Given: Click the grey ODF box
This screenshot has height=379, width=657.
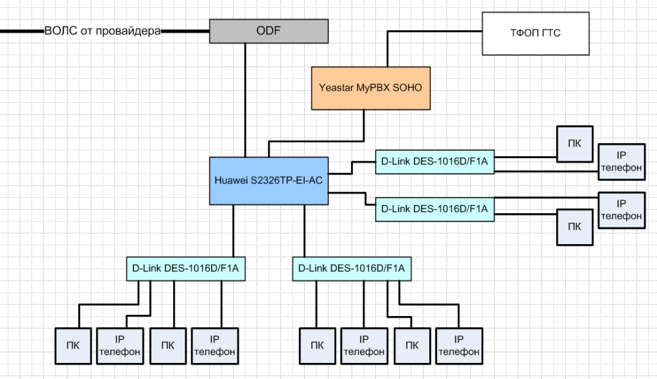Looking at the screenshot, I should (x=268, y=31).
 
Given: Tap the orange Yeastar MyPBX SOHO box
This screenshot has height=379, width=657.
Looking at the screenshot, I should (x=370, y=87).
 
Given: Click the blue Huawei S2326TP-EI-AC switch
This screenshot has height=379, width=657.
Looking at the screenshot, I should (x=269, y=181).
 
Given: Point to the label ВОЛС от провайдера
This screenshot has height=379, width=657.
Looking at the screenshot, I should (x=103, y=30).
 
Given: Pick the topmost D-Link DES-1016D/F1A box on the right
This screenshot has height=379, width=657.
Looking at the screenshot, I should (x=434, y=161).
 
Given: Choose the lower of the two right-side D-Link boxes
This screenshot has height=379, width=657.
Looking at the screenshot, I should (x=434, y=208).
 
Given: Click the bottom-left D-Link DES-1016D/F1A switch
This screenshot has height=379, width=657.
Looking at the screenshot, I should (x=186, y=268).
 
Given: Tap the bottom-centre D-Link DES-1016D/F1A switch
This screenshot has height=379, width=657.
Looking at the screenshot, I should (x=352, y=268).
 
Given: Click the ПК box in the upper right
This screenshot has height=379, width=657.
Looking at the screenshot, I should (x=576, y=143).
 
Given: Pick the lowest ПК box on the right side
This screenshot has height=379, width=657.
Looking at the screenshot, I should (x=576, y=226).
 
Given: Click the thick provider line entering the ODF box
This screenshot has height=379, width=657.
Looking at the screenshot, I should (x=186, y=30).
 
